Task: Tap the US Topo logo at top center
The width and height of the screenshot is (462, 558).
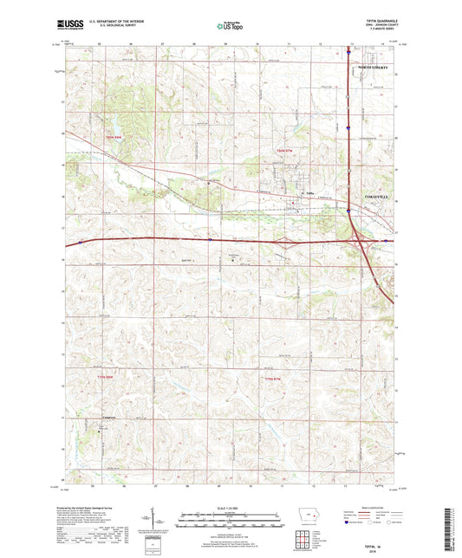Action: [231, 26]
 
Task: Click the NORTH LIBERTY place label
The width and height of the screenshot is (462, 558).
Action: [374, 67]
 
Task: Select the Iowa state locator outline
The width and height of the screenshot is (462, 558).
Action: [307, 523]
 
